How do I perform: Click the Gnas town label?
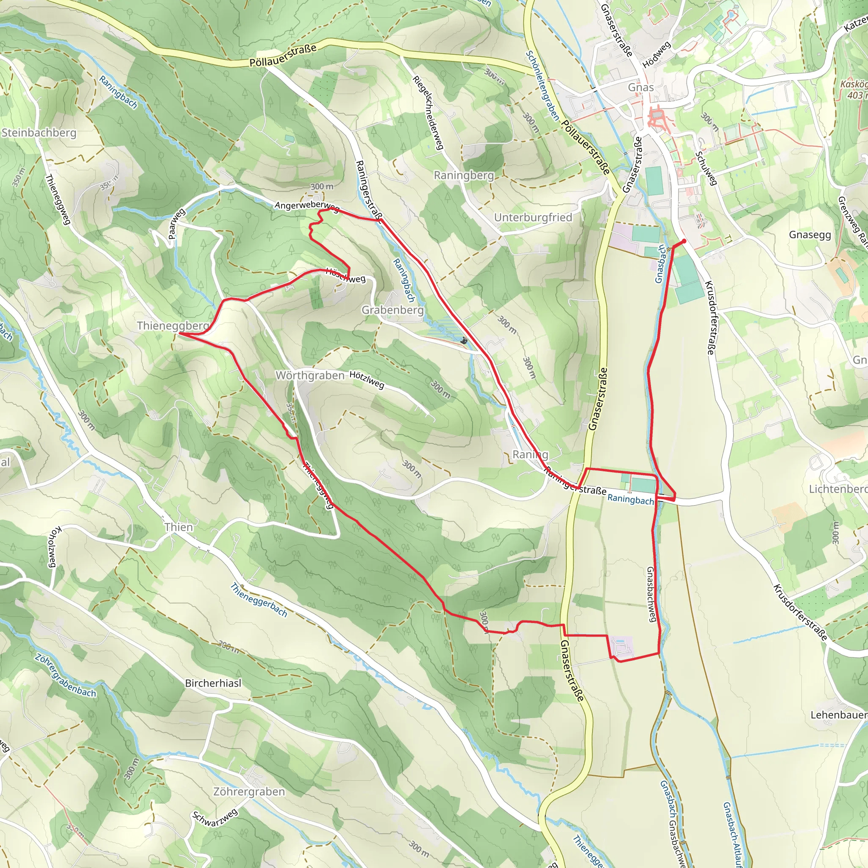click(x=641, y=87)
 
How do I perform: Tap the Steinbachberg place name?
click(x=39, y=133)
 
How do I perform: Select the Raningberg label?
click(x=464, y=175)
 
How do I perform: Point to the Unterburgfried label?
click(x=533, y=217)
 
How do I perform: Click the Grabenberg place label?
click(x=392, y=310)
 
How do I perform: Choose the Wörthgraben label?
click(x=310, y=375)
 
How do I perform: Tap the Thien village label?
click(x=178, y=527)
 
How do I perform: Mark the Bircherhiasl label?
click(x=213, y=683)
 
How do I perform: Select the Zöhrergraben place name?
click(x=249, y=792)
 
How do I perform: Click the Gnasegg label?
click(x=810, y=234)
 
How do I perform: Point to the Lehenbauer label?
click(x=838, y=715)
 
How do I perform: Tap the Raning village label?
click(x=530, y=454)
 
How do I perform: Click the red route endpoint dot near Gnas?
click(x=684, y=241)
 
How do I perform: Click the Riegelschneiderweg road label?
click(x=428, y=112)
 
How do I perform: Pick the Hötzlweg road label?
click(x=367, y=380)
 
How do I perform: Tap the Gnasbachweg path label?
click(x=651, y=594)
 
